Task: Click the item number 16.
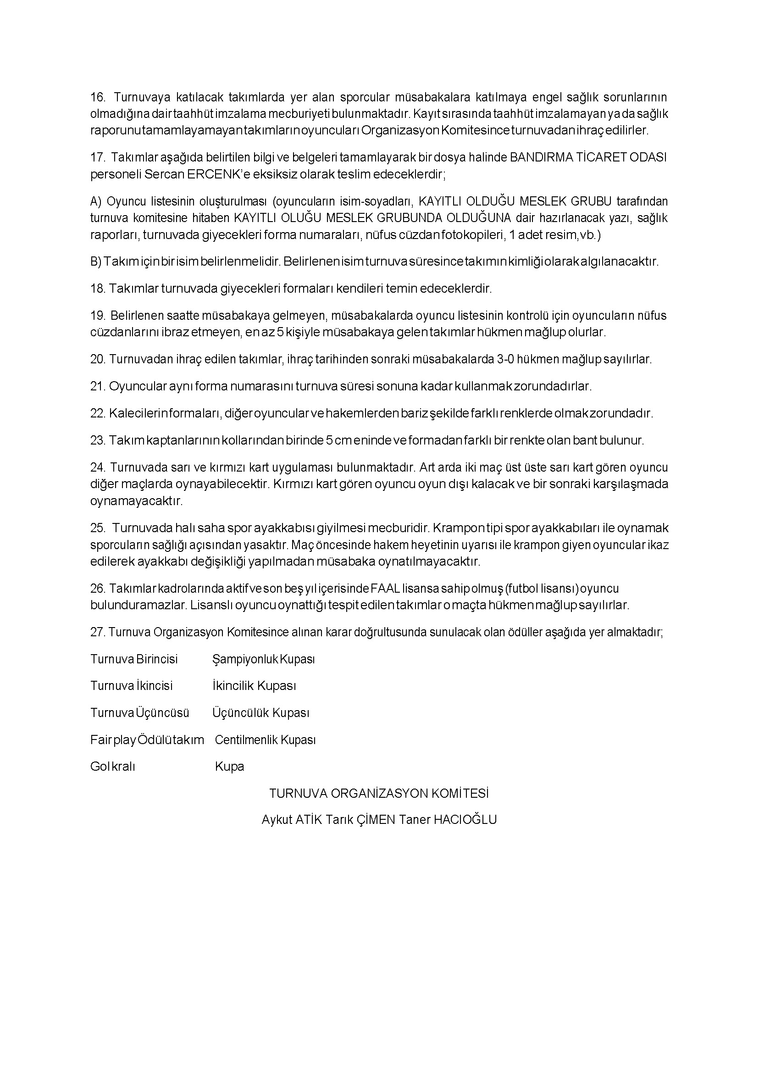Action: pyautogui.click(x=98, y=97)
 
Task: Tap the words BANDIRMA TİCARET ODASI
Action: pyautogui.click(x=588, y=157)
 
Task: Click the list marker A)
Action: pyautogui.click(x=96, y=201)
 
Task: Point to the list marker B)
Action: pyautogui.click(x=96, y=261)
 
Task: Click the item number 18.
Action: pyautogui.click(x=98, y=289)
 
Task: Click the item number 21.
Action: pyautogui.click(x=98, y=387)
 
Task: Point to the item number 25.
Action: pyautogui.click(x=98, y=528)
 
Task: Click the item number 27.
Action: pyautogui.click(x=97, y=633)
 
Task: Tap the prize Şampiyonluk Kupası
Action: pyautogui.click(x=264, y=660)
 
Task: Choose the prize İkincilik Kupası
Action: pyautogui.click(x=254, y=686)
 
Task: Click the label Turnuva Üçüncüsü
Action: pyautogui.click(x=140, y=713)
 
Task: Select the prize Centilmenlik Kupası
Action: pyautogui.click(x=266, y=740)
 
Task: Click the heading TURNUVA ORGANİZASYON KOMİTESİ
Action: pyautogui.click(x=379, y=794)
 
